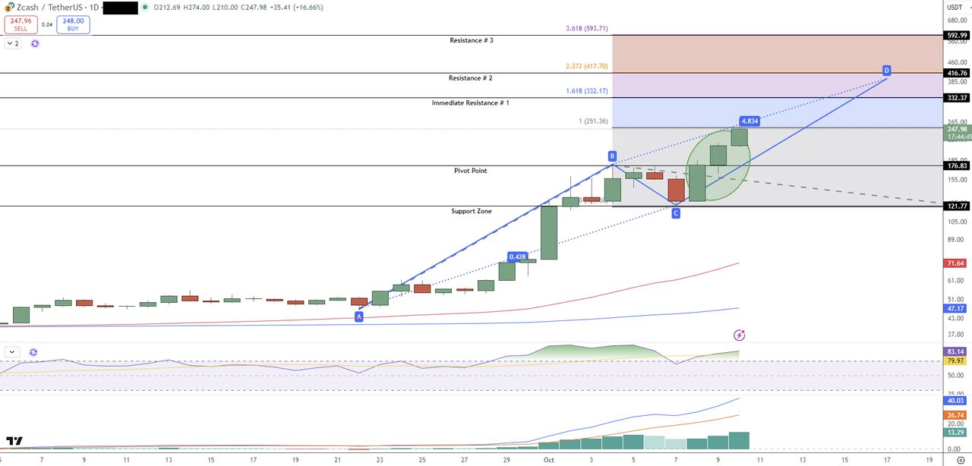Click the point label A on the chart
click(x=359, y=316)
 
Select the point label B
click(x=612, y=156)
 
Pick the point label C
click(x=676, y=213)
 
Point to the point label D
click(x=886, y=70)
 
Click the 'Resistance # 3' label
click(x=472, y=40)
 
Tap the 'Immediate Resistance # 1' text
click(x=470, y=102)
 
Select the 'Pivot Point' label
click(x=470, y=171)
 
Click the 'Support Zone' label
click(x=471, y=211)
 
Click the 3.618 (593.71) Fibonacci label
click(x=587, y=29)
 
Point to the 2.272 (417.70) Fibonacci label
click(x=586, y=66)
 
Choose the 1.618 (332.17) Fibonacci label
click(x=586, y=91)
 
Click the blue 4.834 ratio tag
click(x=749, y=121)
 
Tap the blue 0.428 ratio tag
click(x=518, y=257)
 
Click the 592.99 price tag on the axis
click(x=957, y=35)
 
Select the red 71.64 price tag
click(x=955, y=263)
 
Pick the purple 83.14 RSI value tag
click(x=956, y=352)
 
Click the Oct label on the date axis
click(x=548, y=460)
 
